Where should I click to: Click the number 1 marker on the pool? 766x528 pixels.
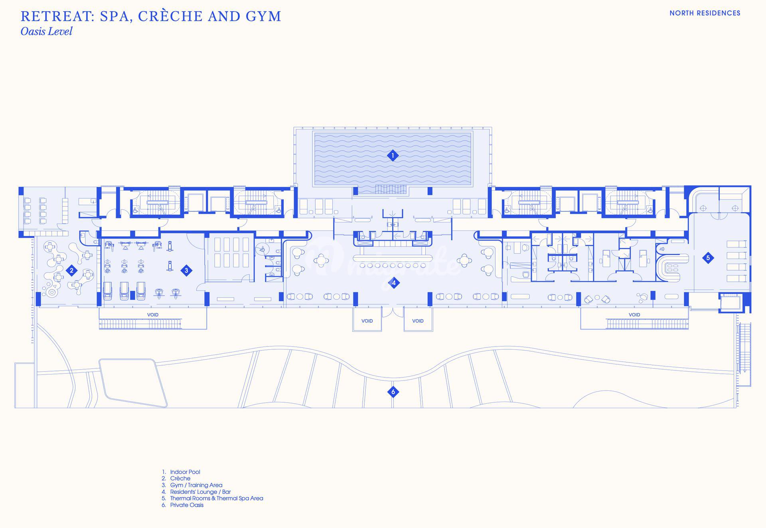393,156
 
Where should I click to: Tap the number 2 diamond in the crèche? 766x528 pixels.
71,271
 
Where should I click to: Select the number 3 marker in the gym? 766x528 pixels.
186,271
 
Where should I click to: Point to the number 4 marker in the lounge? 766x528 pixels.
394,283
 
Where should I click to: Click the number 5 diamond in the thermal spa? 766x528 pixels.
708,258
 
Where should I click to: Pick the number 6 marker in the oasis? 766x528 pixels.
393,392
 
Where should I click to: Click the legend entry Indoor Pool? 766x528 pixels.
185,472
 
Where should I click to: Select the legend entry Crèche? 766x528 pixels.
180,479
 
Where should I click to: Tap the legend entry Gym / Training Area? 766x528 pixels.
196,485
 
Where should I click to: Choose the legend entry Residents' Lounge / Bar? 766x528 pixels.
200,492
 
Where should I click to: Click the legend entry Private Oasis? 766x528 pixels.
187,505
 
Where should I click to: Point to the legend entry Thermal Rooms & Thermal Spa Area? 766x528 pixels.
216,498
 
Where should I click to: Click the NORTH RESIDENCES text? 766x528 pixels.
705,13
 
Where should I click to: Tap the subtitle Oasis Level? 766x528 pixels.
46,32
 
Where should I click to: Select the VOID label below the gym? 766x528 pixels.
153,315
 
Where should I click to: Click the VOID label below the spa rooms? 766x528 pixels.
634,315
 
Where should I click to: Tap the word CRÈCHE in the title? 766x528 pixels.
172,16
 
